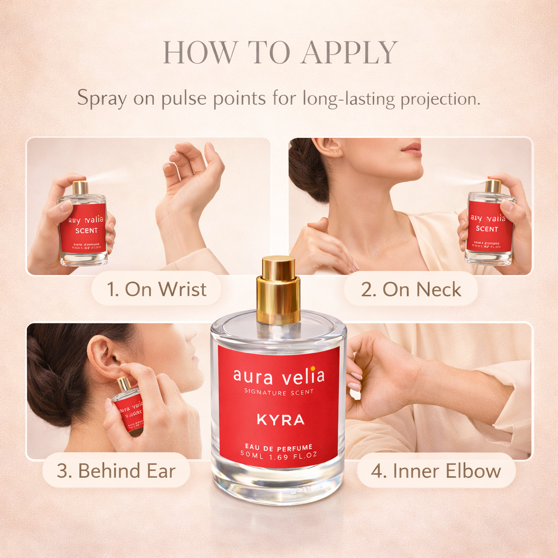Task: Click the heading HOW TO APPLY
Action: point(279,53)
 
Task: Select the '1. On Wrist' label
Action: point(156,289)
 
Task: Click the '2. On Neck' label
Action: point(411,289)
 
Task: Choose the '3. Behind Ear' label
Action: point(116,471)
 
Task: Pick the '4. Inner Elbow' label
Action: point(436,471)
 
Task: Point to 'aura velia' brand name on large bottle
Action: point(278,376)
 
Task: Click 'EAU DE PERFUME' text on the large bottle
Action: point(278,447)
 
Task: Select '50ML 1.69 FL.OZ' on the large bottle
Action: point(278,454)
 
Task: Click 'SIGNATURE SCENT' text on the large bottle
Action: point(278,391)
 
